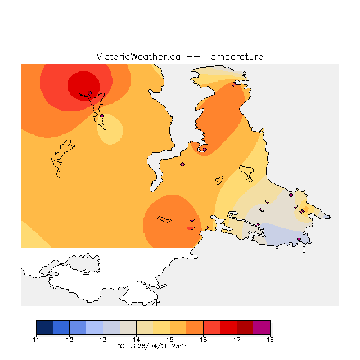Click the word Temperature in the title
click(x=234, y=57)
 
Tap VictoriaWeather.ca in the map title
click(x=138, y=57)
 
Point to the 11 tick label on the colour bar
click(x=36, y=340)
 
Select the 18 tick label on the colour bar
click(x=270, y=340)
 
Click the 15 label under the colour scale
click(x=170, y=340)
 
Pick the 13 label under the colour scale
click(x=103, y=340)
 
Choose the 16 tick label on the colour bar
click(x=203, y=340)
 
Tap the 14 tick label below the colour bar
click(x=136, y=340)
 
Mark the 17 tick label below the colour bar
click(x=237, y=340)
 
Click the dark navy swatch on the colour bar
click(x=44, y=327)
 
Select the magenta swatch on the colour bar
click(x=262, y=327)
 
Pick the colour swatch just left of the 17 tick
click(x=228, y=327)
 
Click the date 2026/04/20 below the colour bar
click(x=150, y=346)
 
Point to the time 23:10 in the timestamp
click(x=180, y=346)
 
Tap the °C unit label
click(x=120, y=346)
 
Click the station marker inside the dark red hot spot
click(x=89, y=93)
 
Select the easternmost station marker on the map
click(x=328, y=217)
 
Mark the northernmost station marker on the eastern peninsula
click(x=234, y=84)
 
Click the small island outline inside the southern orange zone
click(x=164, y=219)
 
